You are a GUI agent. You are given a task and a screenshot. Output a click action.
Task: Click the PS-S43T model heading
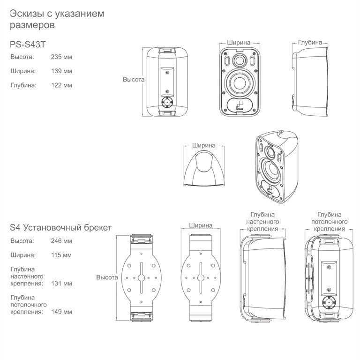[x=28, y=45]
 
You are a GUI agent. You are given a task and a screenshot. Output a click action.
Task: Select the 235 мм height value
[x=61, y=57]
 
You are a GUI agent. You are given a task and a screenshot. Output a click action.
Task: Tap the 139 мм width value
[x=61, y=71]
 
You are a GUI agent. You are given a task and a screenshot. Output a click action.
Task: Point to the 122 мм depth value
[x=61, y=85]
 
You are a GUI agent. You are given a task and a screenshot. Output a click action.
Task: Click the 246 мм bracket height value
[x=61, y=241]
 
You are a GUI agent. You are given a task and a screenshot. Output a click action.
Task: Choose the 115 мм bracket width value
[x=61, y=255]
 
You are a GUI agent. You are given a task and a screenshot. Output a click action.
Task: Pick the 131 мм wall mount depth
[x=61, y=283]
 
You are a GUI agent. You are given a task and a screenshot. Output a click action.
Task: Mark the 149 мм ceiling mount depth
[x=61, y=312]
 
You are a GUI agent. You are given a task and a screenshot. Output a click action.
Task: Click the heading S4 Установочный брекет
[x=60, y=227]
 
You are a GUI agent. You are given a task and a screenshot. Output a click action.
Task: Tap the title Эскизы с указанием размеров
[x=57, y=19]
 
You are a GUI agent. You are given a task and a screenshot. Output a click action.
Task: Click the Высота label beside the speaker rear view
[x=134, y=79]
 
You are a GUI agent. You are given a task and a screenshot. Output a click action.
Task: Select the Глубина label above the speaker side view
[x=310, y=43]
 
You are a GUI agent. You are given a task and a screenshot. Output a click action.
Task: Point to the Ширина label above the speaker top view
[x=204, y=145]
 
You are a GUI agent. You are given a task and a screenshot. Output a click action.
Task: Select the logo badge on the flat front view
[x=240, y=105]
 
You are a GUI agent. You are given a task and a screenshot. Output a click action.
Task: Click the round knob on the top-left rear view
[x=167, y=102]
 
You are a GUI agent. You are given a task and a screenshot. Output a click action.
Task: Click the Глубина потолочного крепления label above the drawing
[x=329, y=222]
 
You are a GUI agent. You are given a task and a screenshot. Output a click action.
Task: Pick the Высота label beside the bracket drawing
[x=107, y=277]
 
